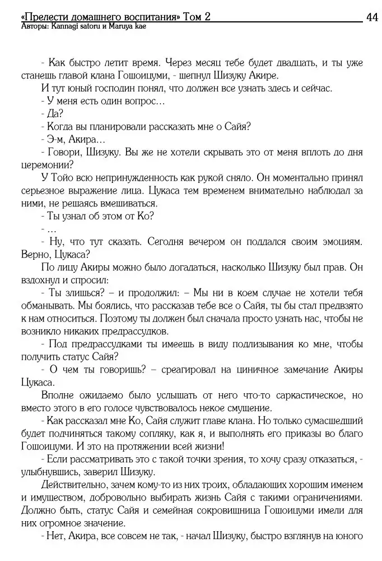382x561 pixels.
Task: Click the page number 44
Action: tap(372, 17)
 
